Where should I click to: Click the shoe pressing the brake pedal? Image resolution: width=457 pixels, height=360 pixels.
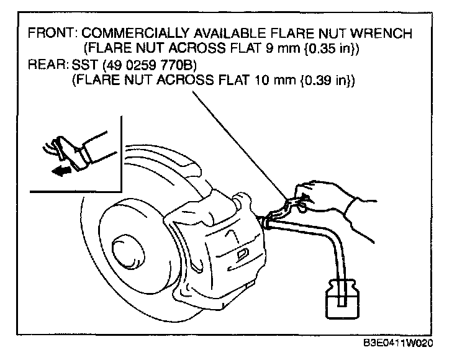69,152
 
